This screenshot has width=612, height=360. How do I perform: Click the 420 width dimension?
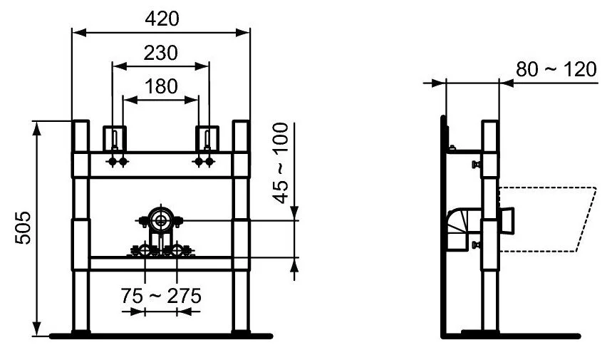(162, 19)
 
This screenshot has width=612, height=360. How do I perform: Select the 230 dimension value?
(161, 53)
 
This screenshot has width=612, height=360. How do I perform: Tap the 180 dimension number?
(161, 86)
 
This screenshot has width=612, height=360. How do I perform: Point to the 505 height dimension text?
(24, 227)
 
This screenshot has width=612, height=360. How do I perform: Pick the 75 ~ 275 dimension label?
(161, 294)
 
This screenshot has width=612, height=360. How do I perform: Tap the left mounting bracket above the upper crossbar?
(114, 138)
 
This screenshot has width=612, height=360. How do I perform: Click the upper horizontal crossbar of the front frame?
(161, 165)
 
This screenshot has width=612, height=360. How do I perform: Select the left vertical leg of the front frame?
(81, 228)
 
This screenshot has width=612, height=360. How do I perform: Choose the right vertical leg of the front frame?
(242, 228)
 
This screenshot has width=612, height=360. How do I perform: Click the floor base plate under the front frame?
(161, 334)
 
